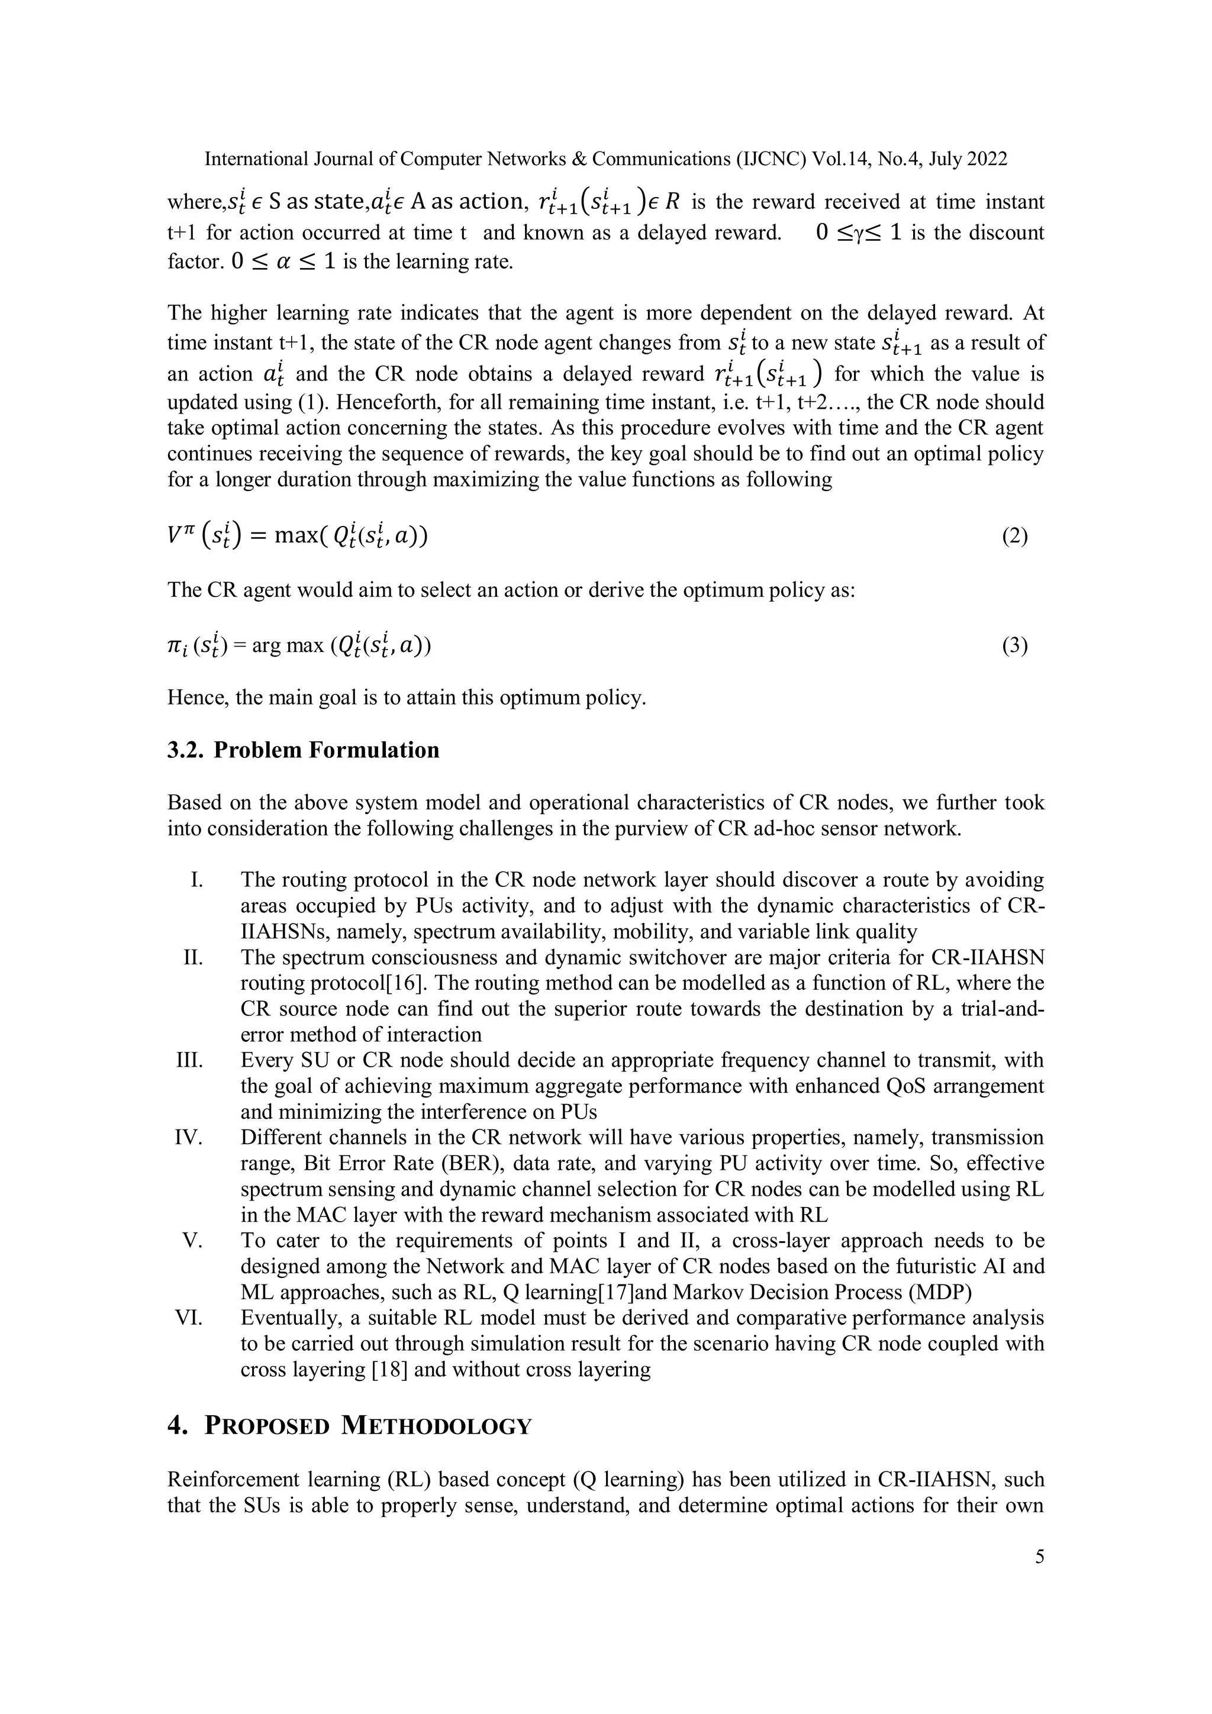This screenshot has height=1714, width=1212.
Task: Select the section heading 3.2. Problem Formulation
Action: pyautogui.click(x=303, y=750)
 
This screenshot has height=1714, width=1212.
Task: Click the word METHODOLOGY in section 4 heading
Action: pyautogui.click(x=436, y=1425)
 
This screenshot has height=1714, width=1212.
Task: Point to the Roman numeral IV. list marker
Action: pyautogui.click(x=190, y=1138)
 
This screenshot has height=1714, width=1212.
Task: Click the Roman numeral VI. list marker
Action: pyautogui.click(x=190, y=1318)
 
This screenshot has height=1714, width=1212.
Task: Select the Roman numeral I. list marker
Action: pyautogui.click(x=196, y=880)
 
